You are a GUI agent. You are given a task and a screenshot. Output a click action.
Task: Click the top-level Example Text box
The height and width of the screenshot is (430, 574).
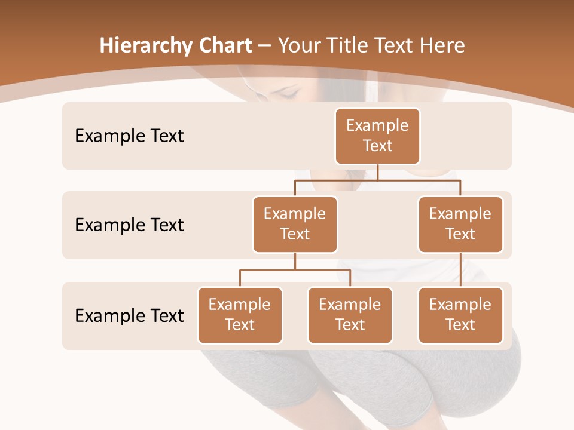point(377,136)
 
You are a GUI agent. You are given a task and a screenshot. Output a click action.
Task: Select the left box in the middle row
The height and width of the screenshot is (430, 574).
point(295,224)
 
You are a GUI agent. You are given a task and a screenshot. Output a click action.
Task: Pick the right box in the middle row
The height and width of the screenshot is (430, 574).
point(460,224)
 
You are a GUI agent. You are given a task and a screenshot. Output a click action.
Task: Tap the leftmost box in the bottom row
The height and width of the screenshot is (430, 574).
point(240,315)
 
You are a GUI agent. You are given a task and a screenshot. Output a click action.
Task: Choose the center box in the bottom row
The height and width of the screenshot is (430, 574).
point(350,315)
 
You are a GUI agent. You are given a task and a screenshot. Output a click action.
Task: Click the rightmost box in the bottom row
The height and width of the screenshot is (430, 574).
point(460,315)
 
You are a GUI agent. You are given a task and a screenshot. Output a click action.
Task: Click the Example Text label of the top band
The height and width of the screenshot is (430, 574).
point(129,136)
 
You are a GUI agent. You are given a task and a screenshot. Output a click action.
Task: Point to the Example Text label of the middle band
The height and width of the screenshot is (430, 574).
point(129,225)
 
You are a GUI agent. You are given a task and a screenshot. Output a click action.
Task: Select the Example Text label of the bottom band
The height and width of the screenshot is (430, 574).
point(129,315)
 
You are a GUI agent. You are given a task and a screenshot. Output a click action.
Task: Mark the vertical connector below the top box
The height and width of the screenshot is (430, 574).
point(377,172)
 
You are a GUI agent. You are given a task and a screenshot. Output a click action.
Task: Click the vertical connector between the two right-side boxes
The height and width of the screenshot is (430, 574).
point(460,270)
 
